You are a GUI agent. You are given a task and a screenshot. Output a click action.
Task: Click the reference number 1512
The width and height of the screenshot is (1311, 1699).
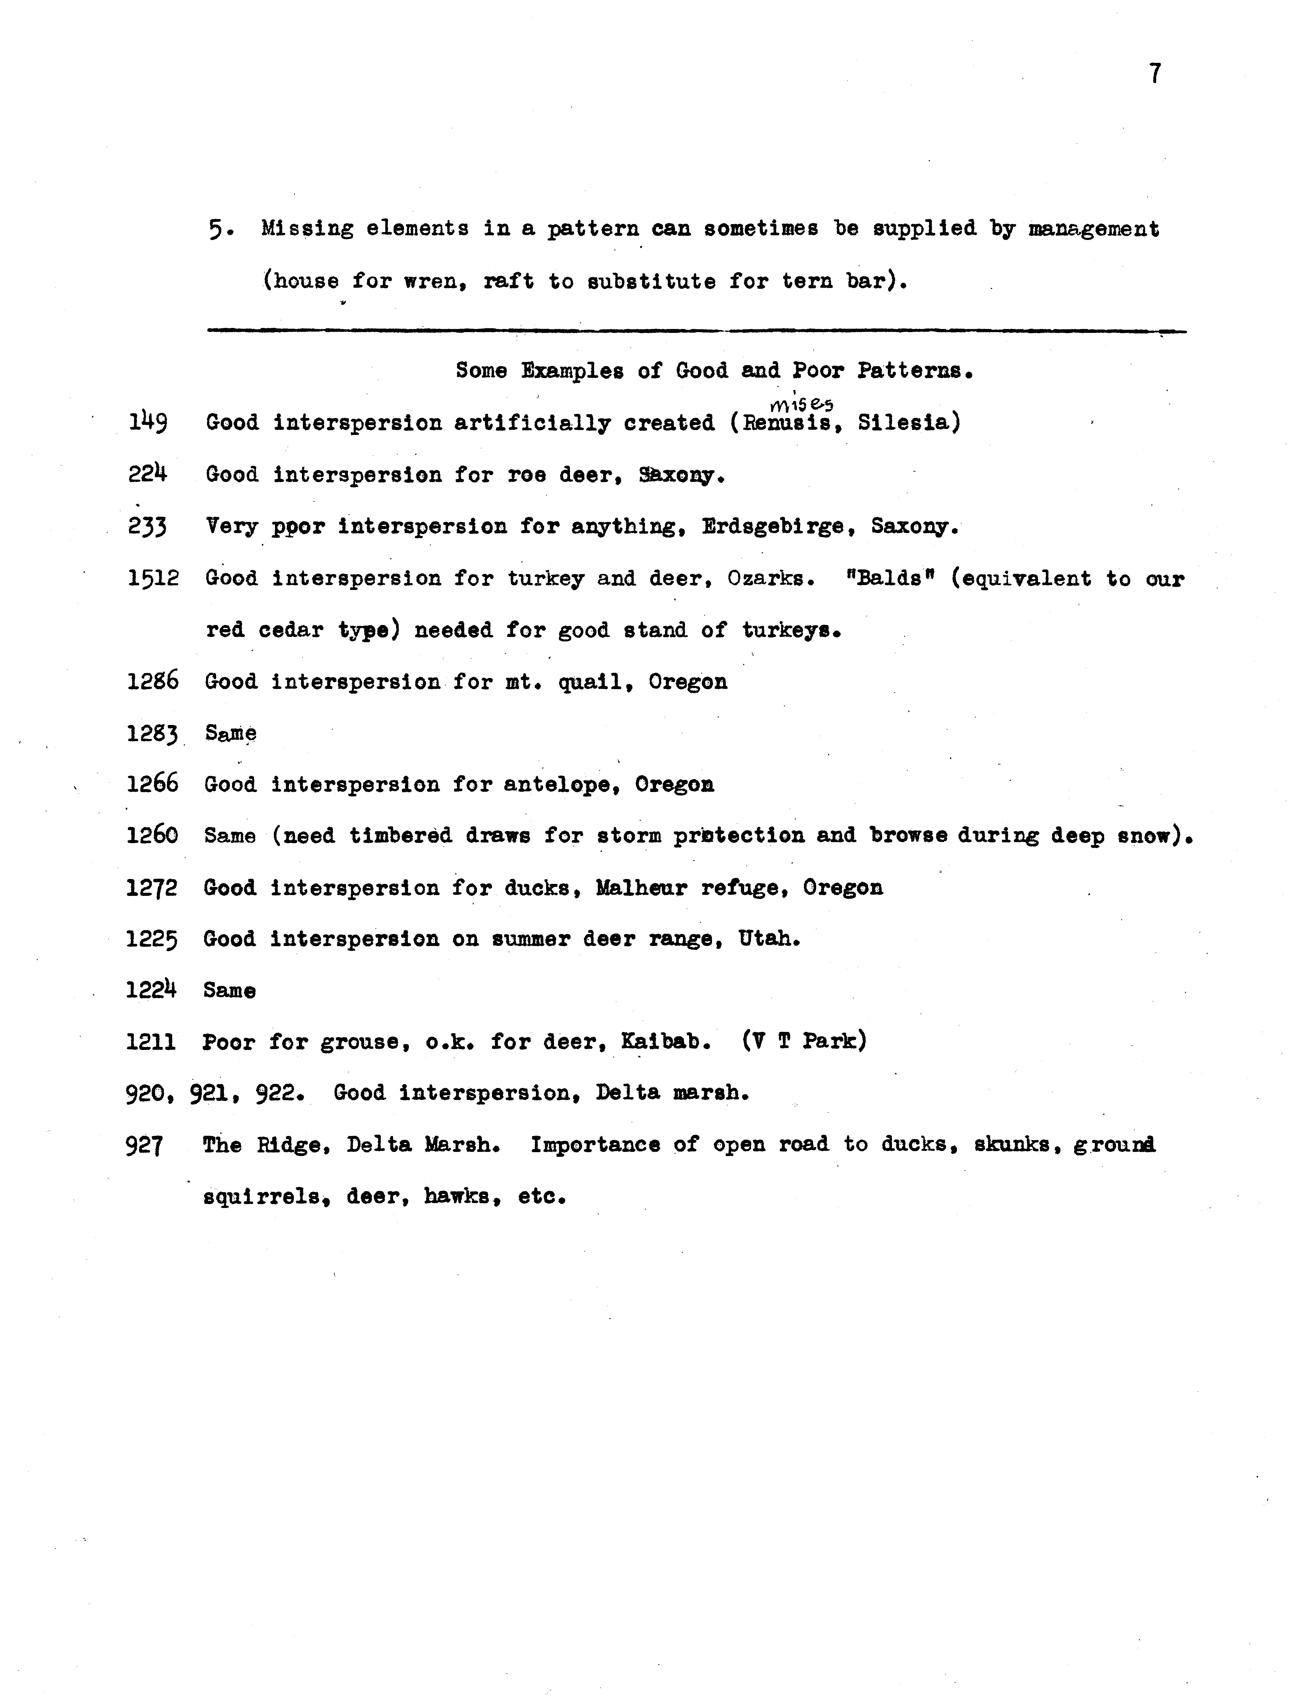[153, 578]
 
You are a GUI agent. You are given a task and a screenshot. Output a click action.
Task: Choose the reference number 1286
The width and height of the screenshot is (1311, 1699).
[152, 681]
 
